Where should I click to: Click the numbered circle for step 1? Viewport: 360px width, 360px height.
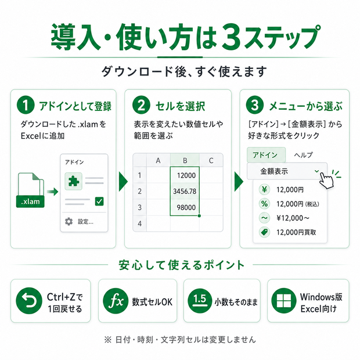(x=26, y=105)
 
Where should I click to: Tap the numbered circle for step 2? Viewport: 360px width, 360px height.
(x=141, y=105)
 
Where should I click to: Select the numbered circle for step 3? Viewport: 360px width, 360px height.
(x=255, y=105)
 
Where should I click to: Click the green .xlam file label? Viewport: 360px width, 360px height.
(x=30, y=201)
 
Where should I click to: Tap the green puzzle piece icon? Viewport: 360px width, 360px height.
(x=74, y=181)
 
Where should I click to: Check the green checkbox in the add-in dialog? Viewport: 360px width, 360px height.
(x=99, y=201)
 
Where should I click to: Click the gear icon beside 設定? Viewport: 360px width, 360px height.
(x=69, y=222)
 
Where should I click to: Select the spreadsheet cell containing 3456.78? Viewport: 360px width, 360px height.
(x=185, y=191)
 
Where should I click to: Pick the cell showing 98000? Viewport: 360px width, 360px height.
(x=185, y=207)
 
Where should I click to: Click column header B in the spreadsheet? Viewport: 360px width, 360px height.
(x=185, y=160)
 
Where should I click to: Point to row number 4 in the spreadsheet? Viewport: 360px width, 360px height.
(x=139, y=224)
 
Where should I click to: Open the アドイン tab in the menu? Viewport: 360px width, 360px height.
(x=266, y=155)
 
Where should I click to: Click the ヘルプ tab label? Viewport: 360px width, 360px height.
(x=304, y=155)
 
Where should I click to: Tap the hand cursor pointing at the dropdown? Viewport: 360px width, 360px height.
(x=326, y=181)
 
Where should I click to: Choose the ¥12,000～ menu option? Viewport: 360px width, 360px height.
(x=293, y=218)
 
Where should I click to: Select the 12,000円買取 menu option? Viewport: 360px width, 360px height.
(x=296, y=232)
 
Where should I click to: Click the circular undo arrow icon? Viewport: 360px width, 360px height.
(x=29, y=301)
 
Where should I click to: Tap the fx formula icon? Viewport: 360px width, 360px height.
(x=116, y=301)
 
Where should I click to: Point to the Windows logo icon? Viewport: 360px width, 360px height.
(x=284, y=301)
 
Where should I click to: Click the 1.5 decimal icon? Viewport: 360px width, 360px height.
(x=200, y=301)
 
